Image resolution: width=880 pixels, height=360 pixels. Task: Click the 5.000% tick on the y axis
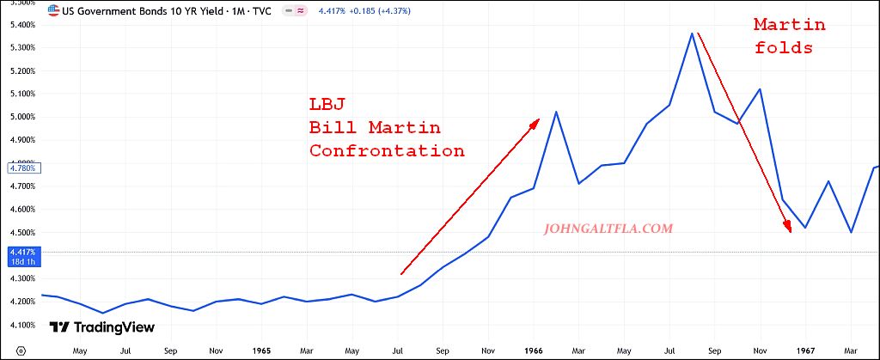click(21, 117)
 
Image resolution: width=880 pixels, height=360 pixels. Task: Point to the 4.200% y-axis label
click(21, 302)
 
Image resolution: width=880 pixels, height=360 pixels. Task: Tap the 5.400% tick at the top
click(21, 24)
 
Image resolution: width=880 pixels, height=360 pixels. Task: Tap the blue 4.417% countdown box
click(21, 256)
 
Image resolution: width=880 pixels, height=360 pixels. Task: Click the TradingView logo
click(101, 327)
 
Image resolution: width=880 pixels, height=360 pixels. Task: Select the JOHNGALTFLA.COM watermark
click(608, 229)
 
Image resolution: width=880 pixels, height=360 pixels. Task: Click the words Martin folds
click(783, 37)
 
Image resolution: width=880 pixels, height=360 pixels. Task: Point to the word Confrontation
click(387, 151)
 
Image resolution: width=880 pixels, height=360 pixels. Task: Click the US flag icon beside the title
click(54, 12)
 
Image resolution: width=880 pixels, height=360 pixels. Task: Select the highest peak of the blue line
click(692, 34)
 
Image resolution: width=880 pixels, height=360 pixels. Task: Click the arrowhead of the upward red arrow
click(535, 122)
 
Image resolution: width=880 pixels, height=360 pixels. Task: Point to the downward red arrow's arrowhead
click(787, 228)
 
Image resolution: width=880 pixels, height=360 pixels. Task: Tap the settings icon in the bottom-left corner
click(21, 351)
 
